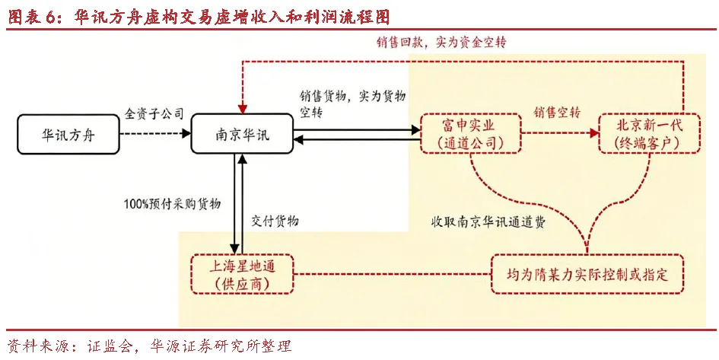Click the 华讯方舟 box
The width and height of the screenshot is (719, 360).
(x=68, y=135)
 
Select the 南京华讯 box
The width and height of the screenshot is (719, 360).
(x=240, y=135)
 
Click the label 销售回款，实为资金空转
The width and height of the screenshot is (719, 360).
(x=441, y=43)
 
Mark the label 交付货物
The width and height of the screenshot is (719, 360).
(x=275, y=221)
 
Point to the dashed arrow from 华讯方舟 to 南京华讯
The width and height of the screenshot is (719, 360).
(x=156, y=134)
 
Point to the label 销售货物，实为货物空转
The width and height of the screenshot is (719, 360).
(x=352, y=104)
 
